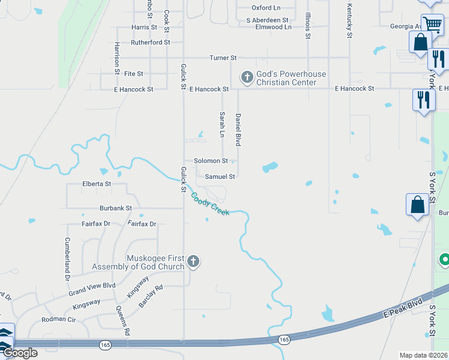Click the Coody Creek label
click(x=210, y=204)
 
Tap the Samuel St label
click(x=220, y=176)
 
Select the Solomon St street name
click(x=211, y=161)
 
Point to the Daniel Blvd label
click(x=238, y=130)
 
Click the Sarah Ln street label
click(x=222, y=123)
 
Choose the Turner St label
click(x=223, y=58)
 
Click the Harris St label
click(x=144, y=28)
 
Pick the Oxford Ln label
click(x=266, y=8)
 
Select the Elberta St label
click(x=97, y=184)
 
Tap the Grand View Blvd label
click(x=92, y=286)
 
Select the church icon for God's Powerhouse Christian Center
click(x=246, y=77)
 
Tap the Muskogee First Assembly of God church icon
click(x=193, y=261)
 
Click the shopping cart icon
click(x=432, y=25)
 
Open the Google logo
click(x=20, y=353)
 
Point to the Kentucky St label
click(x=349, y=20)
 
